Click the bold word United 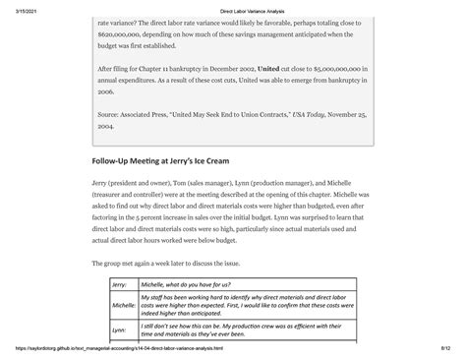(266, 69)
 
